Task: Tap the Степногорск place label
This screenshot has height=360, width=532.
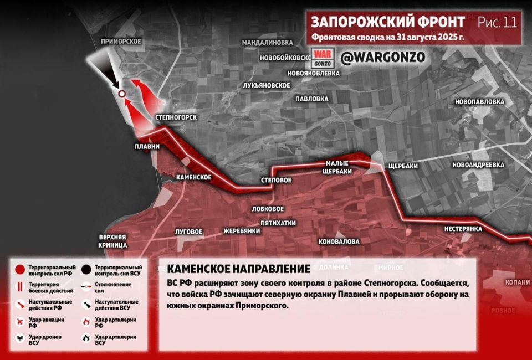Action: [x=176, y=117]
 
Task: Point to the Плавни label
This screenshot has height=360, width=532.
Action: [x=147, y=147]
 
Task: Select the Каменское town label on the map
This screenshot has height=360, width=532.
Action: [x=193, y=177]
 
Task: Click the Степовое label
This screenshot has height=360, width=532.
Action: [x=276, y=181]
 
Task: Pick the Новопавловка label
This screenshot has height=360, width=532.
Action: [x=479, y=102]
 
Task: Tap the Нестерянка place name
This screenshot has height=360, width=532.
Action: [x=463, y=229]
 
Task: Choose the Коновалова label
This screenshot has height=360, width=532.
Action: [x=339, y=242]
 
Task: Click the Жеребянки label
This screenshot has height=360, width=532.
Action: [x=242, y=231]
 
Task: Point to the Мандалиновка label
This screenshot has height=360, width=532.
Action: [x=267, y=43]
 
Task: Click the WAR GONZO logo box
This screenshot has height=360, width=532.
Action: [x=321, y=57]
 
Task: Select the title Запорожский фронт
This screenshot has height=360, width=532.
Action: [x=387, y=22]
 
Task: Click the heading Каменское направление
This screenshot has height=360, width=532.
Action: [x=238, y=269]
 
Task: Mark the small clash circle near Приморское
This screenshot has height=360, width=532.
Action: [x=121, y=94]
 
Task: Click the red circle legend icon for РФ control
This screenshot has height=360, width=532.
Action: [x=19, y=270]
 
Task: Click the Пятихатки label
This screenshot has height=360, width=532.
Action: [x=278, y=223]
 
